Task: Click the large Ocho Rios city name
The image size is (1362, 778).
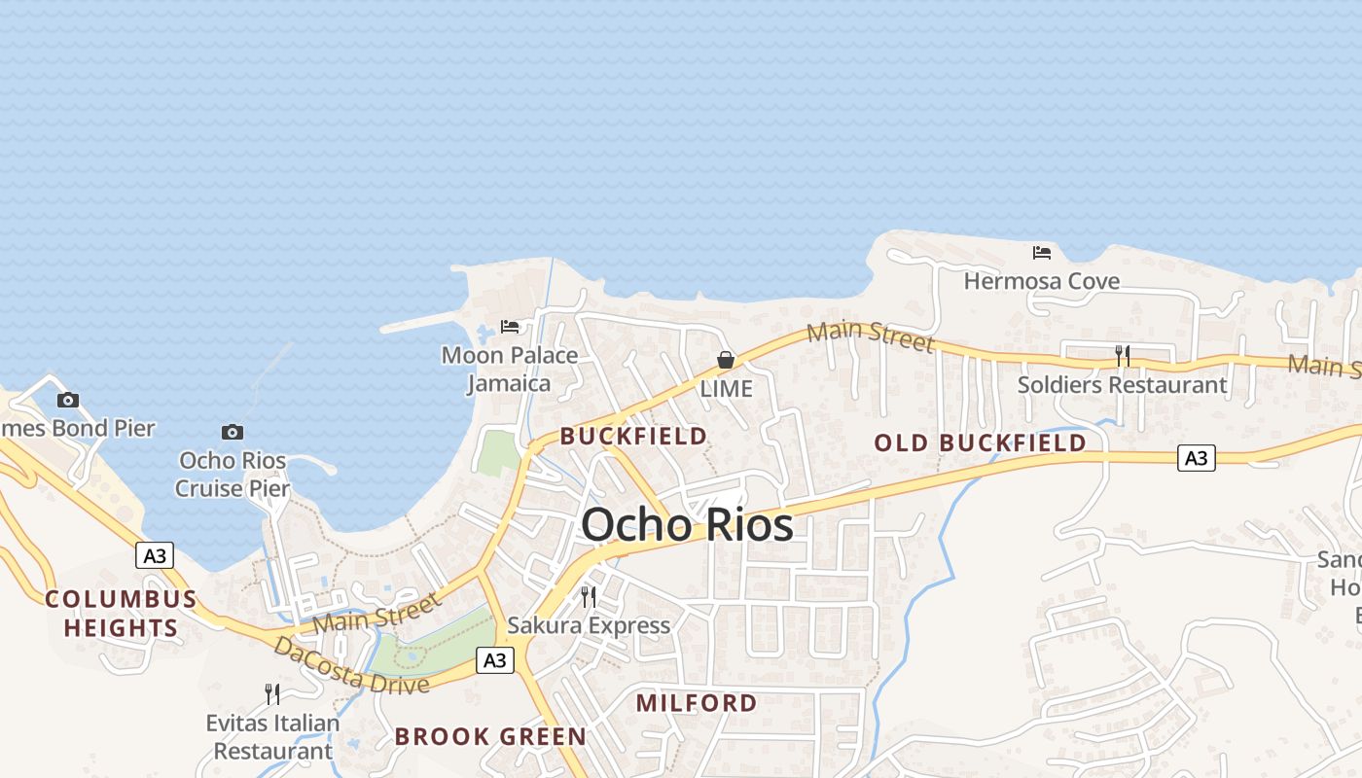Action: [687, 526]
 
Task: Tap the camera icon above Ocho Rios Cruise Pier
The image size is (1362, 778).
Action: [233, 432]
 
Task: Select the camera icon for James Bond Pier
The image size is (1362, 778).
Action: [67, 400]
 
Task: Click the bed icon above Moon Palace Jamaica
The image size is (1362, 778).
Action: [510, 327]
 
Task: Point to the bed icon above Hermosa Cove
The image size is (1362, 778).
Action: [1042, 253]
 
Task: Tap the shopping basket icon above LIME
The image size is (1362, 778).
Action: [726, 360]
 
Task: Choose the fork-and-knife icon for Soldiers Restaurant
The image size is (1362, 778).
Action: [1122, 356]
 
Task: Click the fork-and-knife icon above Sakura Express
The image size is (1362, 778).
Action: [589, 596]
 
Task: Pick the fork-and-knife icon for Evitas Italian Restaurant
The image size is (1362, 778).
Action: [272, 693]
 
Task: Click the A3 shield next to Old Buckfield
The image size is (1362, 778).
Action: [1197, 457]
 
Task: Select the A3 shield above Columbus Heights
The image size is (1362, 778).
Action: [154, 555]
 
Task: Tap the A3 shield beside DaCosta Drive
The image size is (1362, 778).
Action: [495, 660]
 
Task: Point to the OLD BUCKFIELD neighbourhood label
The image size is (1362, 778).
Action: [980, 443]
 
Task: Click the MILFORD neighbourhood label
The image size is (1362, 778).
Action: [697, 703]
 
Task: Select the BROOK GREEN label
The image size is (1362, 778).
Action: [490, 736]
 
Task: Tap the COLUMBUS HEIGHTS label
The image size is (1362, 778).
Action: [121, 613]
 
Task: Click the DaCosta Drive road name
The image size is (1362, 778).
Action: [351, 666]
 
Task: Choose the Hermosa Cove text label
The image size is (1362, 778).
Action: [1042, 282]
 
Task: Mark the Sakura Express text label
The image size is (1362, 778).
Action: [589, 625]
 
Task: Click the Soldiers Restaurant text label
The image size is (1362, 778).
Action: [1122, 385]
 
